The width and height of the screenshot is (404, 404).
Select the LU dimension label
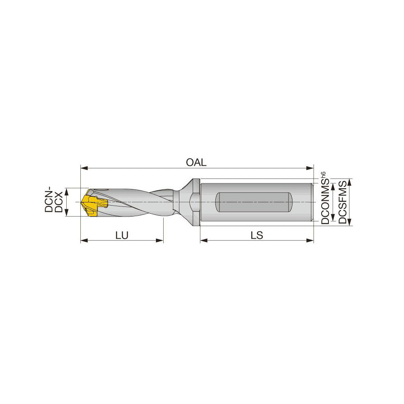coord(122,236)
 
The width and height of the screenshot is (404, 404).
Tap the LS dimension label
coord(257,236)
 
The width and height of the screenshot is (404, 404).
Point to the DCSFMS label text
coord(343,202)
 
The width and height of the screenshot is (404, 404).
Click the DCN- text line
coord(49,200)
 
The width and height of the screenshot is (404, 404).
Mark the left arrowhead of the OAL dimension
coord(84,168)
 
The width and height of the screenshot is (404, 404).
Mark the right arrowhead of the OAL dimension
coord(311,168)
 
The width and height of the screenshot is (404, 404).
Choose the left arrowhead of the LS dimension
coord(204,240)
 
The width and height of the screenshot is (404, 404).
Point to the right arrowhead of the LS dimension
coord(311,240)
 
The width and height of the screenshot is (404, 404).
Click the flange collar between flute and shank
coord(195,202)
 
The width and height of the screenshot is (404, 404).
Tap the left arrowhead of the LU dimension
coord(84,240)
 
